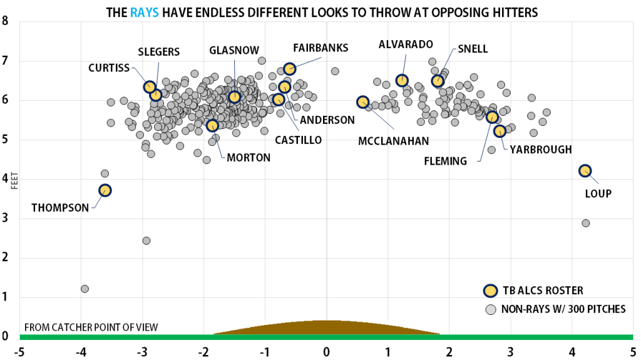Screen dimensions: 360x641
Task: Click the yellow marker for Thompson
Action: (105, 190)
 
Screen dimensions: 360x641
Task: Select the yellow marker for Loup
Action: (585, 170)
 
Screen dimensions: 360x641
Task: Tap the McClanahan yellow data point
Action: (363, 102)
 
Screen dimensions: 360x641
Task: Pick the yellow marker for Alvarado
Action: (402, 80)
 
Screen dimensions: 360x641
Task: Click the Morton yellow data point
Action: (212, 125)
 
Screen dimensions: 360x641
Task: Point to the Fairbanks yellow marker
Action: (289, 69)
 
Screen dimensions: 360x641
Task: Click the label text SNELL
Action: (473, 49)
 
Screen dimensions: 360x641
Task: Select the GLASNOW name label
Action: (234, 50)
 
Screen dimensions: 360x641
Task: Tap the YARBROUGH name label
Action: (541, 150)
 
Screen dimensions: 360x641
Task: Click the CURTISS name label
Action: (110, 68)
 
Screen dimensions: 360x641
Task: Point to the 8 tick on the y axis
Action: (6, 21)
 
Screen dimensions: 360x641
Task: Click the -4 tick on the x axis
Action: (81, 351)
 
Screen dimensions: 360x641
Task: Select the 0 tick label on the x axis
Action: (326, 351)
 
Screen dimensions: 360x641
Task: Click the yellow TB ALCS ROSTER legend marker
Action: (491, 291)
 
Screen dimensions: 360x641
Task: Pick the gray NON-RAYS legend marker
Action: (491, 309)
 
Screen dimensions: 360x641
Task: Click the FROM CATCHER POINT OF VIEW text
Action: (91, 327)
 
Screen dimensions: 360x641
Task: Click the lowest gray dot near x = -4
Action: (85, 289)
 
